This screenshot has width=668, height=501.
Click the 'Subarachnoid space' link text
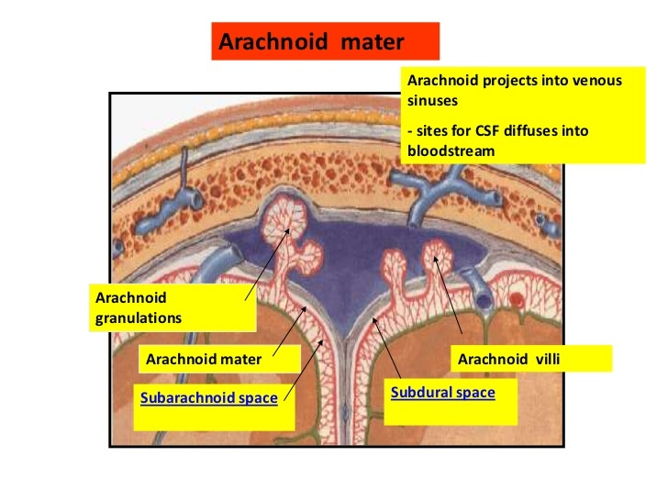[207, 398]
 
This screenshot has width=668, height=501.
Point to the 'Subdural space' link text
[442, 393]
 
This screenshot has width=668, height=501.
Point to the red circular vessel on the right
[518, 299]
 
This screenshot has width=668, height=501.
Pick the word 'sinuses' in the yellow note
[431, 99]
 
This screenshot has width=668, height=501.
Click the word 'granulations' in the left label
[138, 317]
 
